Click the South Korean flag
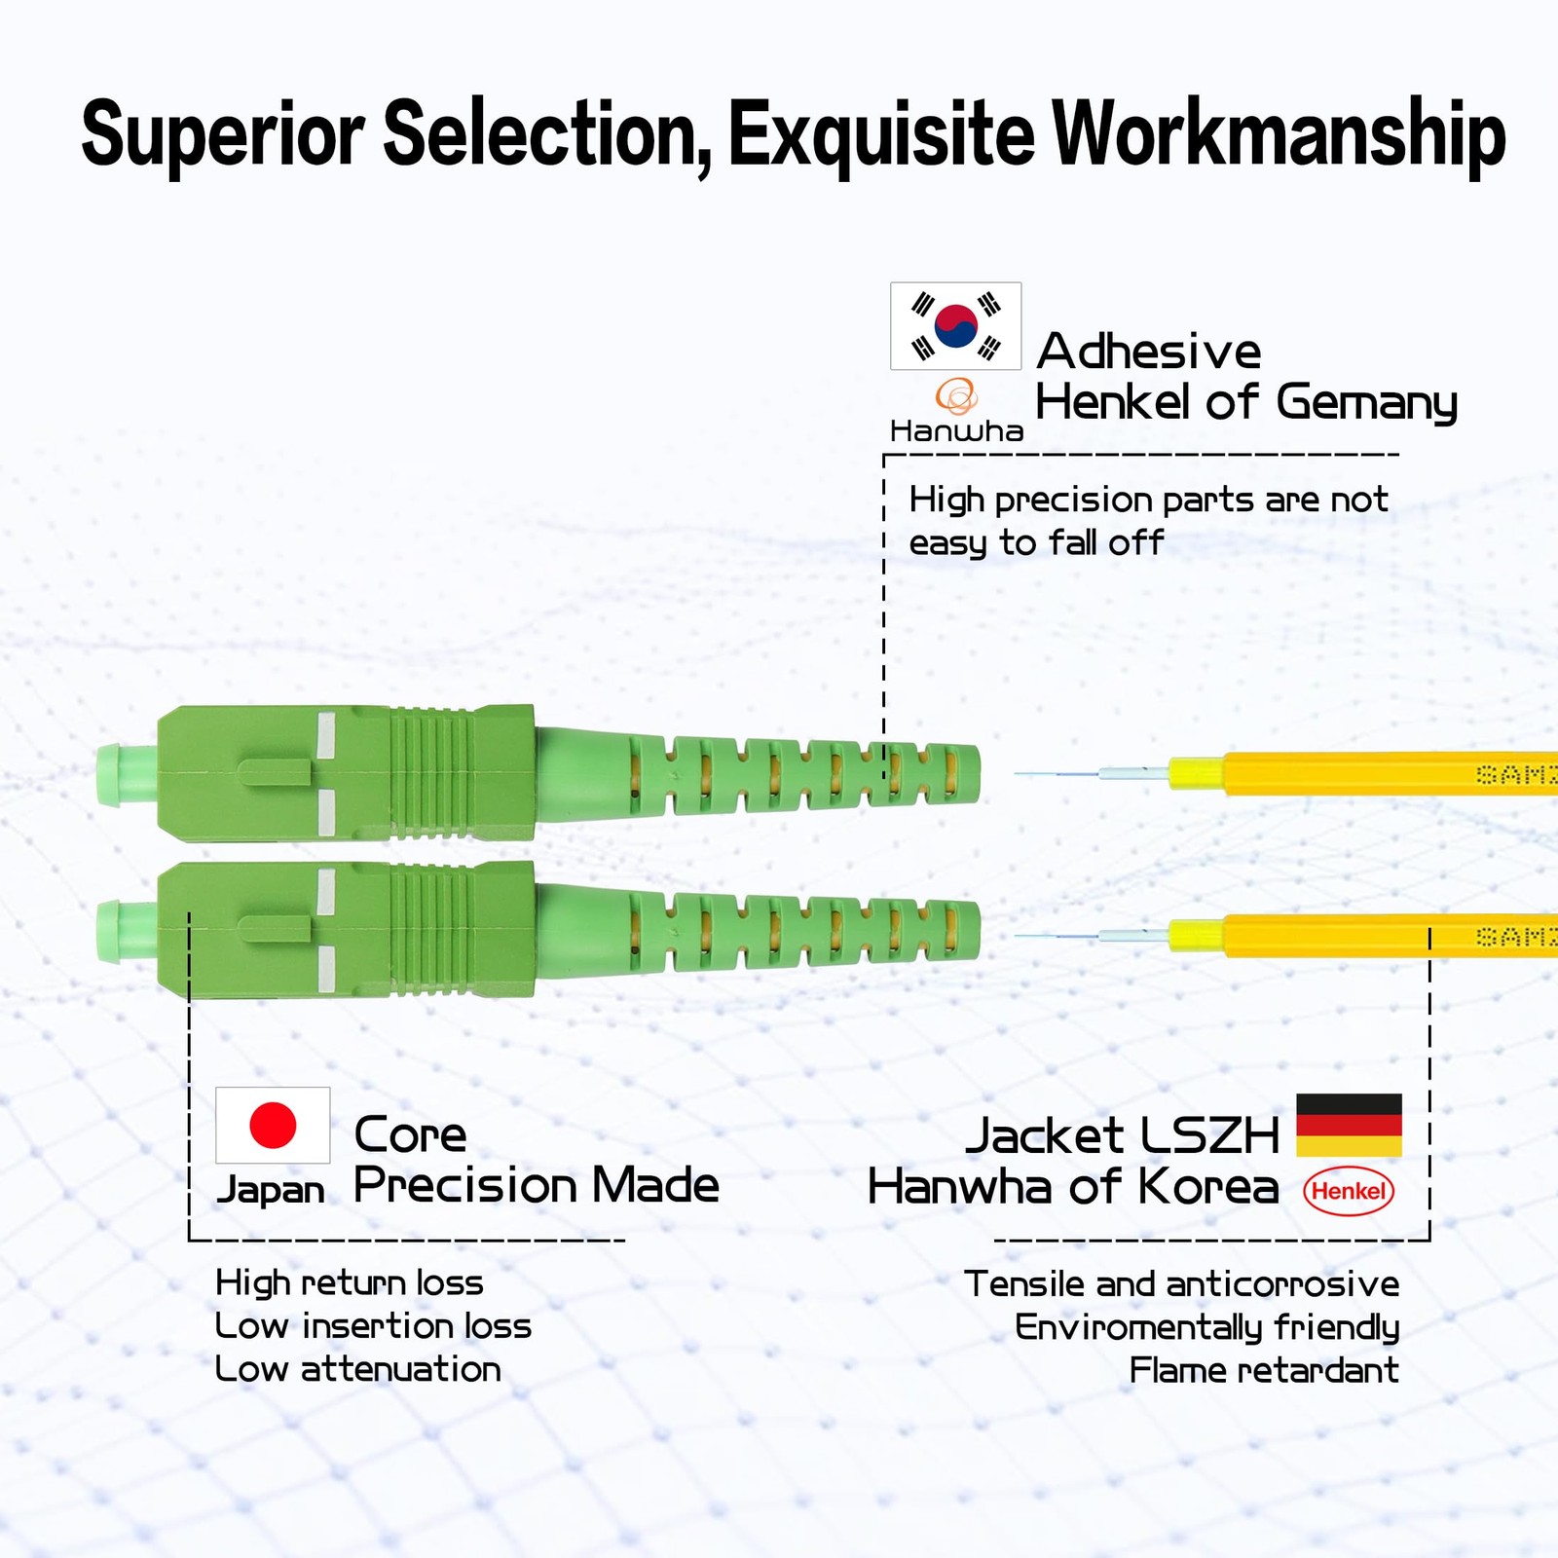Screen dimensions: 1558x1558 955,326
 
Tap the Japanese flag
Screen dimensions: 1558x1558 273,1125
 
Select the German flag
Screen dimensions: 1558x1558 1349,1125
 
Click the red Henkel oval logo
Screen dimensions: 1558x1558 1349,1191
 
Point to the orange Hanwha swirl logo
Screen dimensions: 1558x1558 956,396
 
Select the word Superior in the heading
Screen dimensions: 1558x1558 223,134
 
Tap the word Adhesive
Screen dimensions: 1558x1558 1149,351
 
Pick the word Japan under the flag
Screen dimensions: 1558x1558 270,1190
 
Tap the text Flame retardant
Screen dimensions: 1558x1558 1264,1370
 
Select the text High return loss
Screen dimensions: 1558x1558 350,1282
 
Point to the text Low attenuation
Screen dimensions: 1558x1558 358,1369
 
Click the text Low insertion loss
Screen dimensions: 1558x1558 373,1325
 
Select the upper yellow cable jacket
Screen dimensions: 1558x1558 1363,774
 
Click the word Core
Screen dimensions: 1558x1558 410,1134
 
